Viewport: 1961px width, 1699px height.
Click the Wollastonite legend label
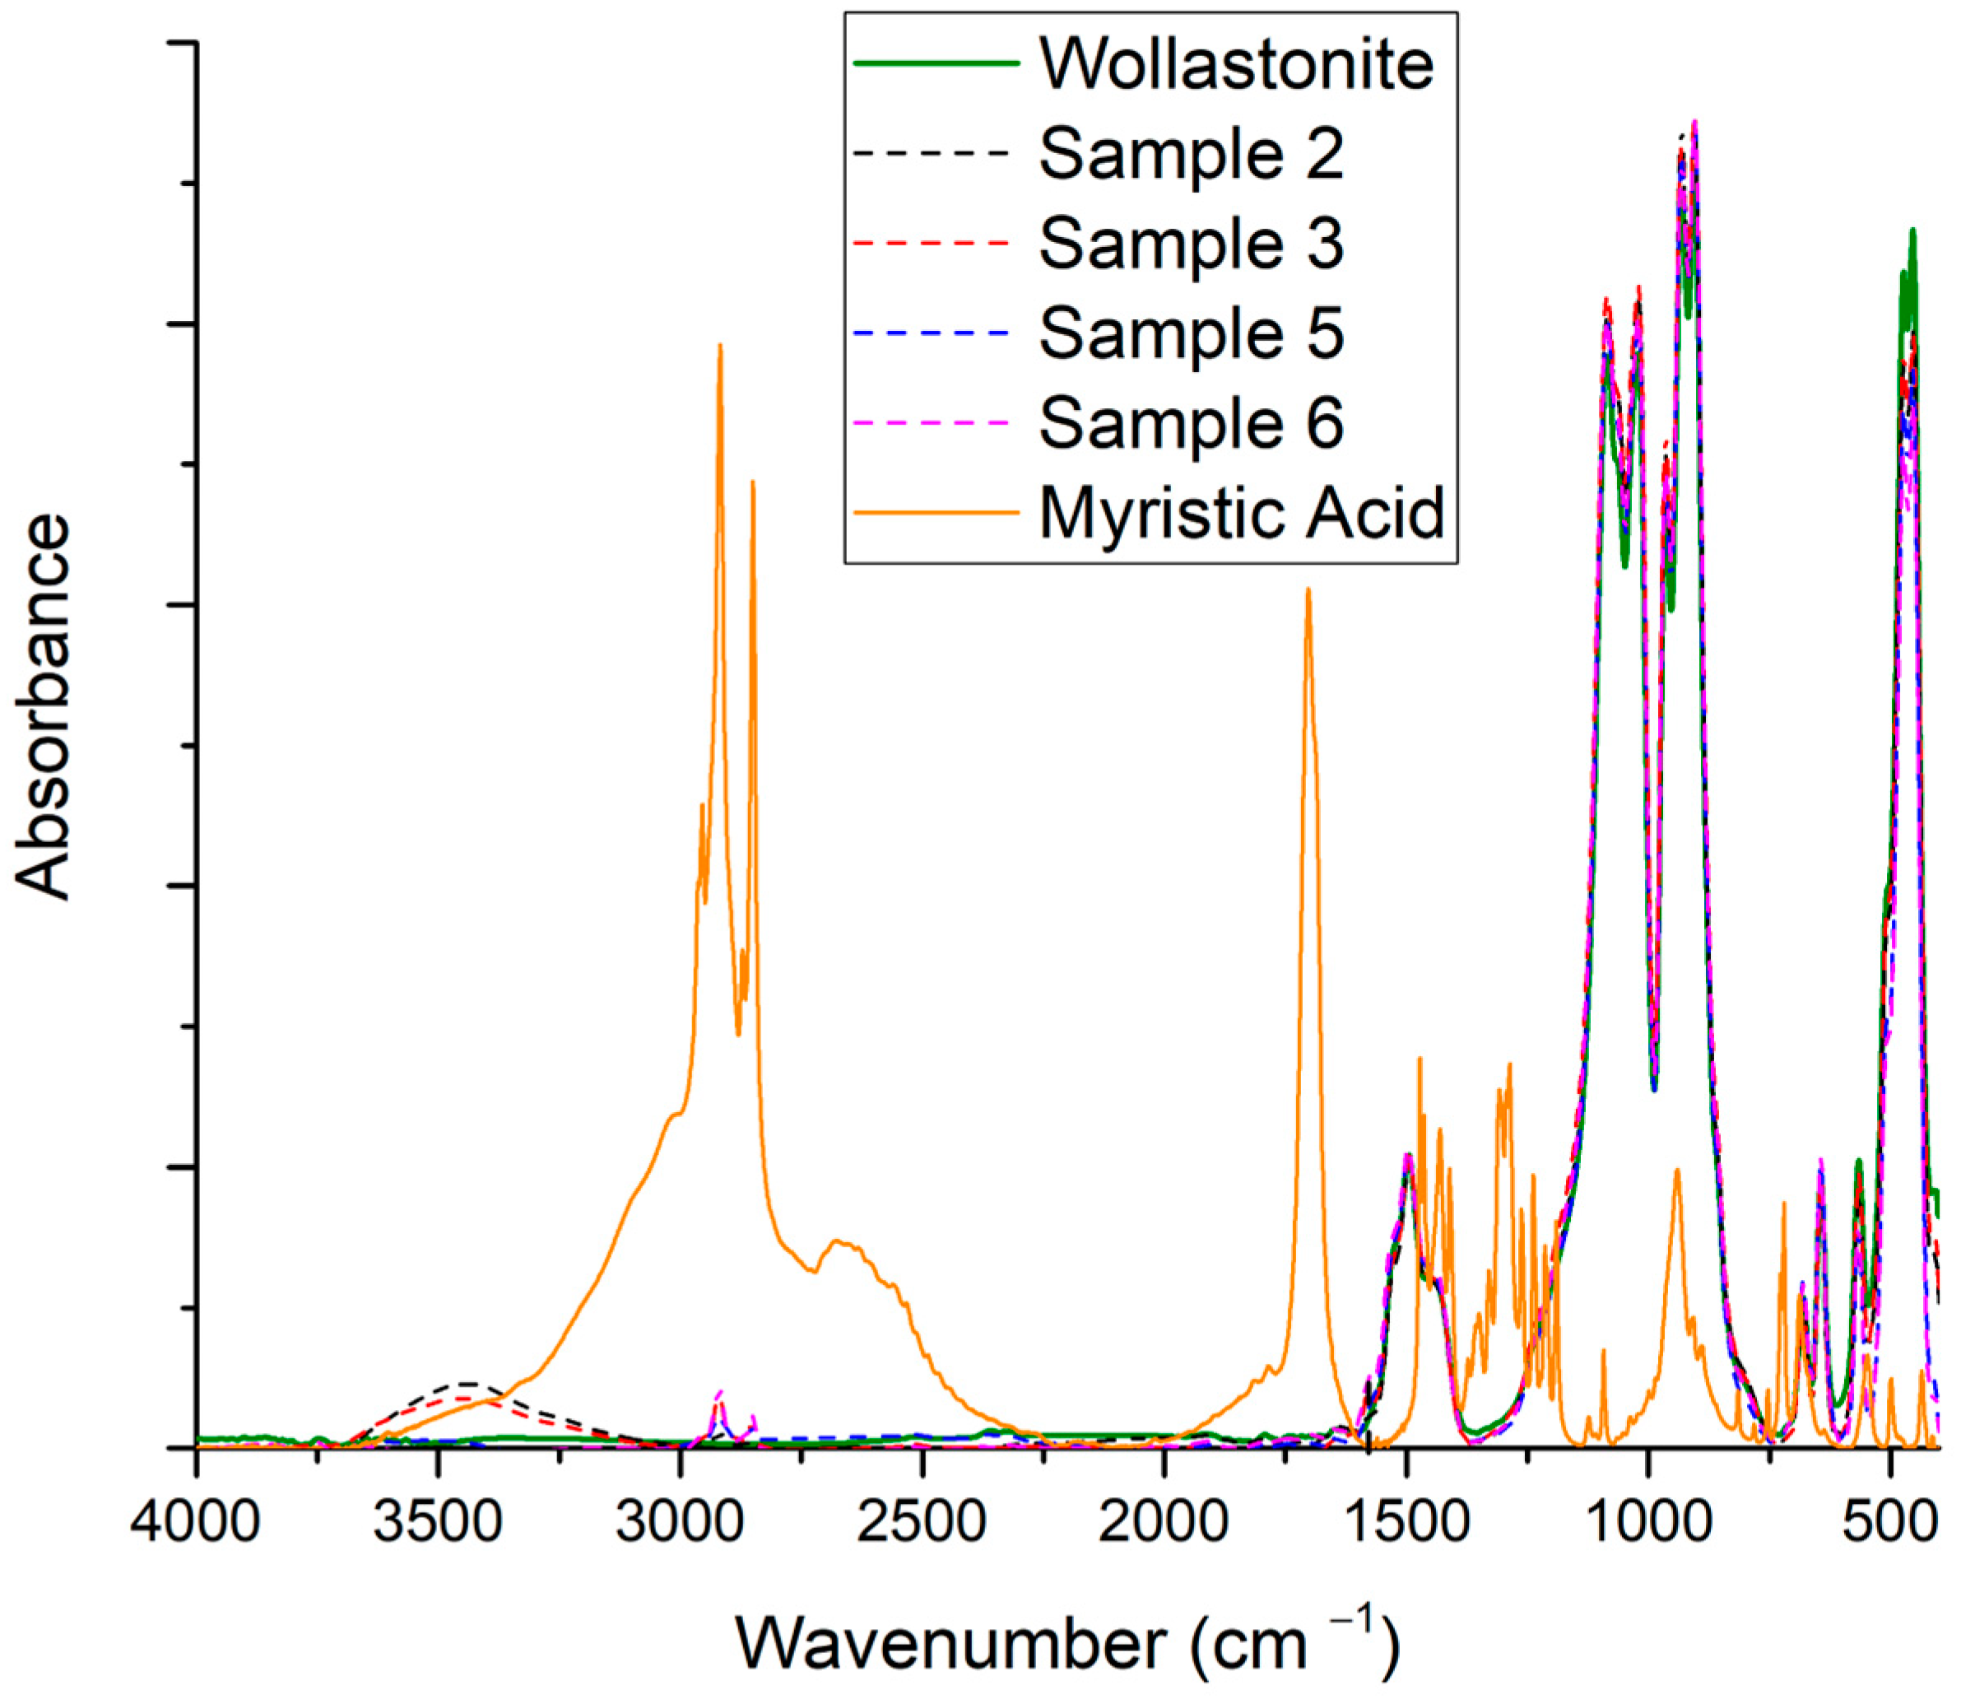pyautogui.click(x=1236, y=63)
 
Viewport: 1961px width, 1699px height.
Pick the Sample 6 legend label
pyautogui.click(x=1192, y=423)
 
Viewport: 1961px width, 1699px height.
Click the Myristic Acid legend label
pyautogui.click(x=1242, y=513)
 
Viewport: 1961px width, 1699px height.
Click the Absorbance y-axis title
pyautogui.click(x=44, y=706)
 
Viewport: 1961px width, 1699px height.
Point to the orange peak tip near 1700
pyautogui.click(x=1308, y=589)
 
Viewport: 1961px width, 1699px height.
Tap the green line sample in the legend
pyautogui.click(x=936, y=63)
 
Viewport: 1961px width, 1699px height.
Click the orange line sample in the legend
pyautogui.click(x=936, y=513)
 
